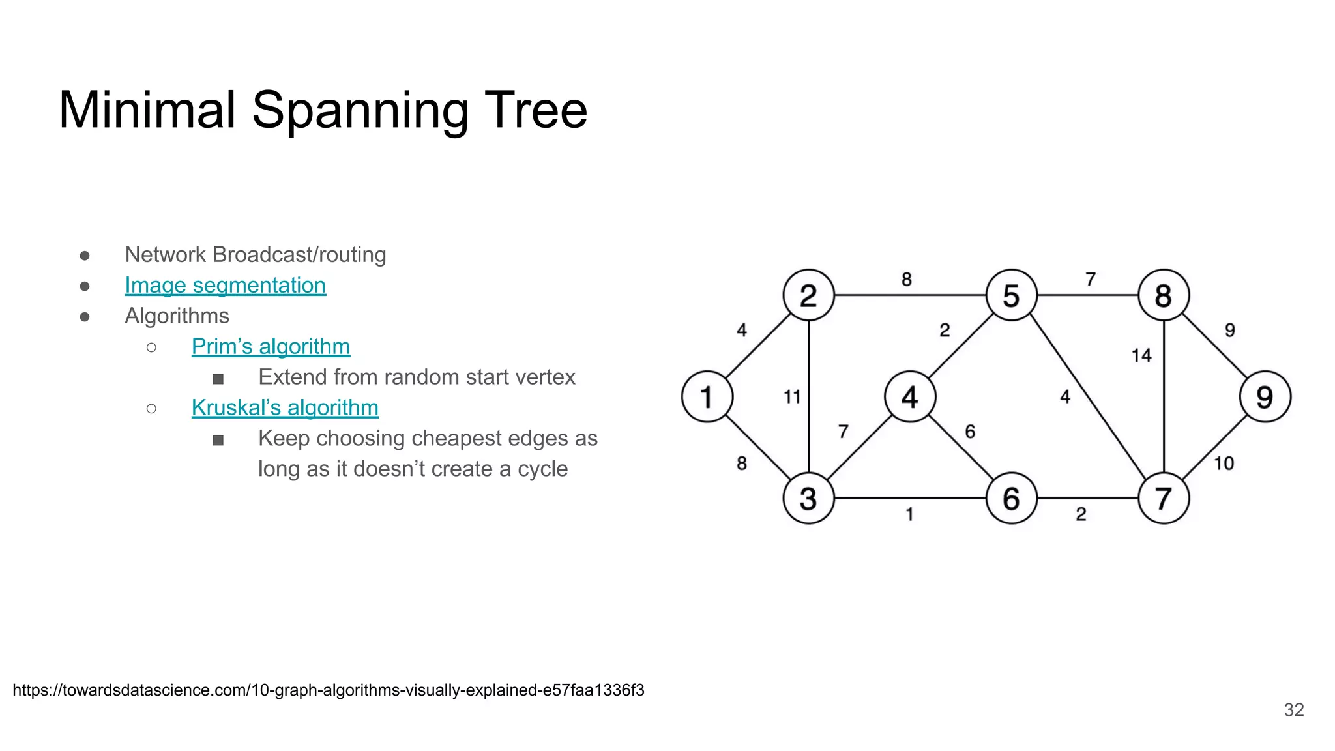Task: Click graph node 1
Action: (707, 396)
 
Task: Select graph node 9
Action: (1265, 396)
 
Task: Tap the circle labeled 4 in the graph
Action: (910, 396)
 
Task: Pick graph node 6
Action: (1011, 499)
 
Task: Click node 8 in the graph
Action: (1164, 295)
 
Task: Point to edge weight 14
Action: (1141, 355)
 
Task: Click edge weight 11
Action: (792, 396)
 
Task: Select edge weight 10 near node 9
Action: (1224, 464)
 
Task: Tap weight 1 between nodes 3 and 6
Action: (909, 514)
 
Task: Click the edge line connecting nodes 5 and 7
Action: (1087, 396)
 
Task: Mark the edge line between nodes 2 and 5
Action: (910, 295)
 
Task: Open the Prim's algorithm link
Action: (271, 346)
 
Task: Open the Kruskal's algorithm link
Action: (285, 407)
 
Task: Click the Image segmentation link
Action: (225, 285)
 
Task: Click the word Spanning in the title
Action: (360, 111)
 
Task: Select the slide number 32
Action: (1293, 710)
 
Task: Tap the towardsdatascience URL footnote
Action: (329, 690)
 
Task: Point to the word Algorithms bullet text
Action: (177, 316)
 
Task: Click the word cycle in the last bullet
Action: (542, 469)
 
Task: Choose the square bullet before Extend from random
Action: (218, 379)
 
